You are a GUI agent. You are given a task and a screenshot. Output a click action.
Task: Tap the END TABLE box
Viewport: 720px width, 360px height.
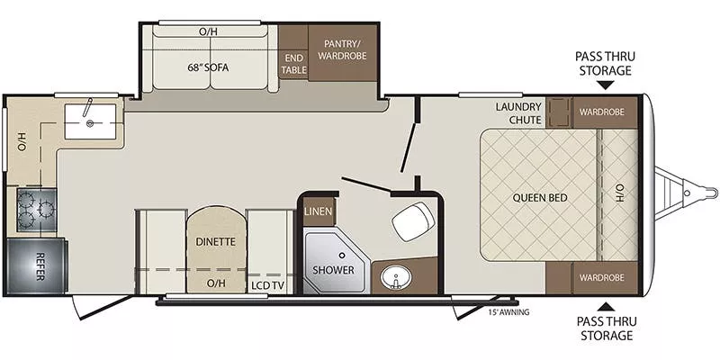pyautogui.click(x=293, y=64)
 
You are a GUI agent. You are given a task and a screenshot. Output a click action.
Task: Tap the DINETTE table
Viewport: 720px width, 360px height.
pyautogui.click(x=215, y=241)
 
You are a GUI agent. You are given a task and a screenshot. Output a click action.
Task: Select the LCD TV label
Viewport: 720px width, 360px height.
pyautogui.click(x=267, y=283)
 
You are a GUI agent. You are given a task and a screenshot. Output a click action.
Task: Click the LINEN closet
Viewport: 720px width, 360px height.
pyautogui.click(x=318, y=212)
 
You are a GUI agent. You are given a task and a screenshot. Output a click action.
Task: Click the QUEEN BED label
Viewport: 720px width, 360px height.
pyautogui.click(x=538, y=197)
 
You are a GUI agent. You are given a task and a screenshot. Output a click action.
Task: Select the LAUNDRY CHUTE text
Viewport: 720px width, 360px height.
pyautogui.click(x=518, y=113)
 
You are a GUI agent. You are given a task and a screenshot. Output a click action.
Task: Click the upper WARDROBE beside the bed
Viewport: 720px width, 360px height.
pyautogui.click(x=602, y=112)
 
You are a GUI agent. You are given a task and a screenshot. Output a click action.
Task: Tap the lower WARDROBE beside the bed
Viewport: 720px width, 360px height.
pyautogui.click(x=602, y=278)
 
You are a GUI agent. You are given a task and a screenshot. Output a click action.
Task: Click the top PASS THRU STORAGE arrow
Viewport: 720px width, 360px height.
pyautogui.click(x=603, y=86)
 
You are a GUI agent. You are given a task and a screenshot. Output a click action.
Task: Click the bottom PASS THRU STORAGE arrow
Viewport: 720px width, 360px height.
pyautogui.click(x=603, y=306)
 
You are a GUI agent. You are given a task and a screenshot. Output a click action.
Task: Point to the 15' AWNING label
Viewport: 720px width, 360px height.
pyautogui.click(x=508, y=312)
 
